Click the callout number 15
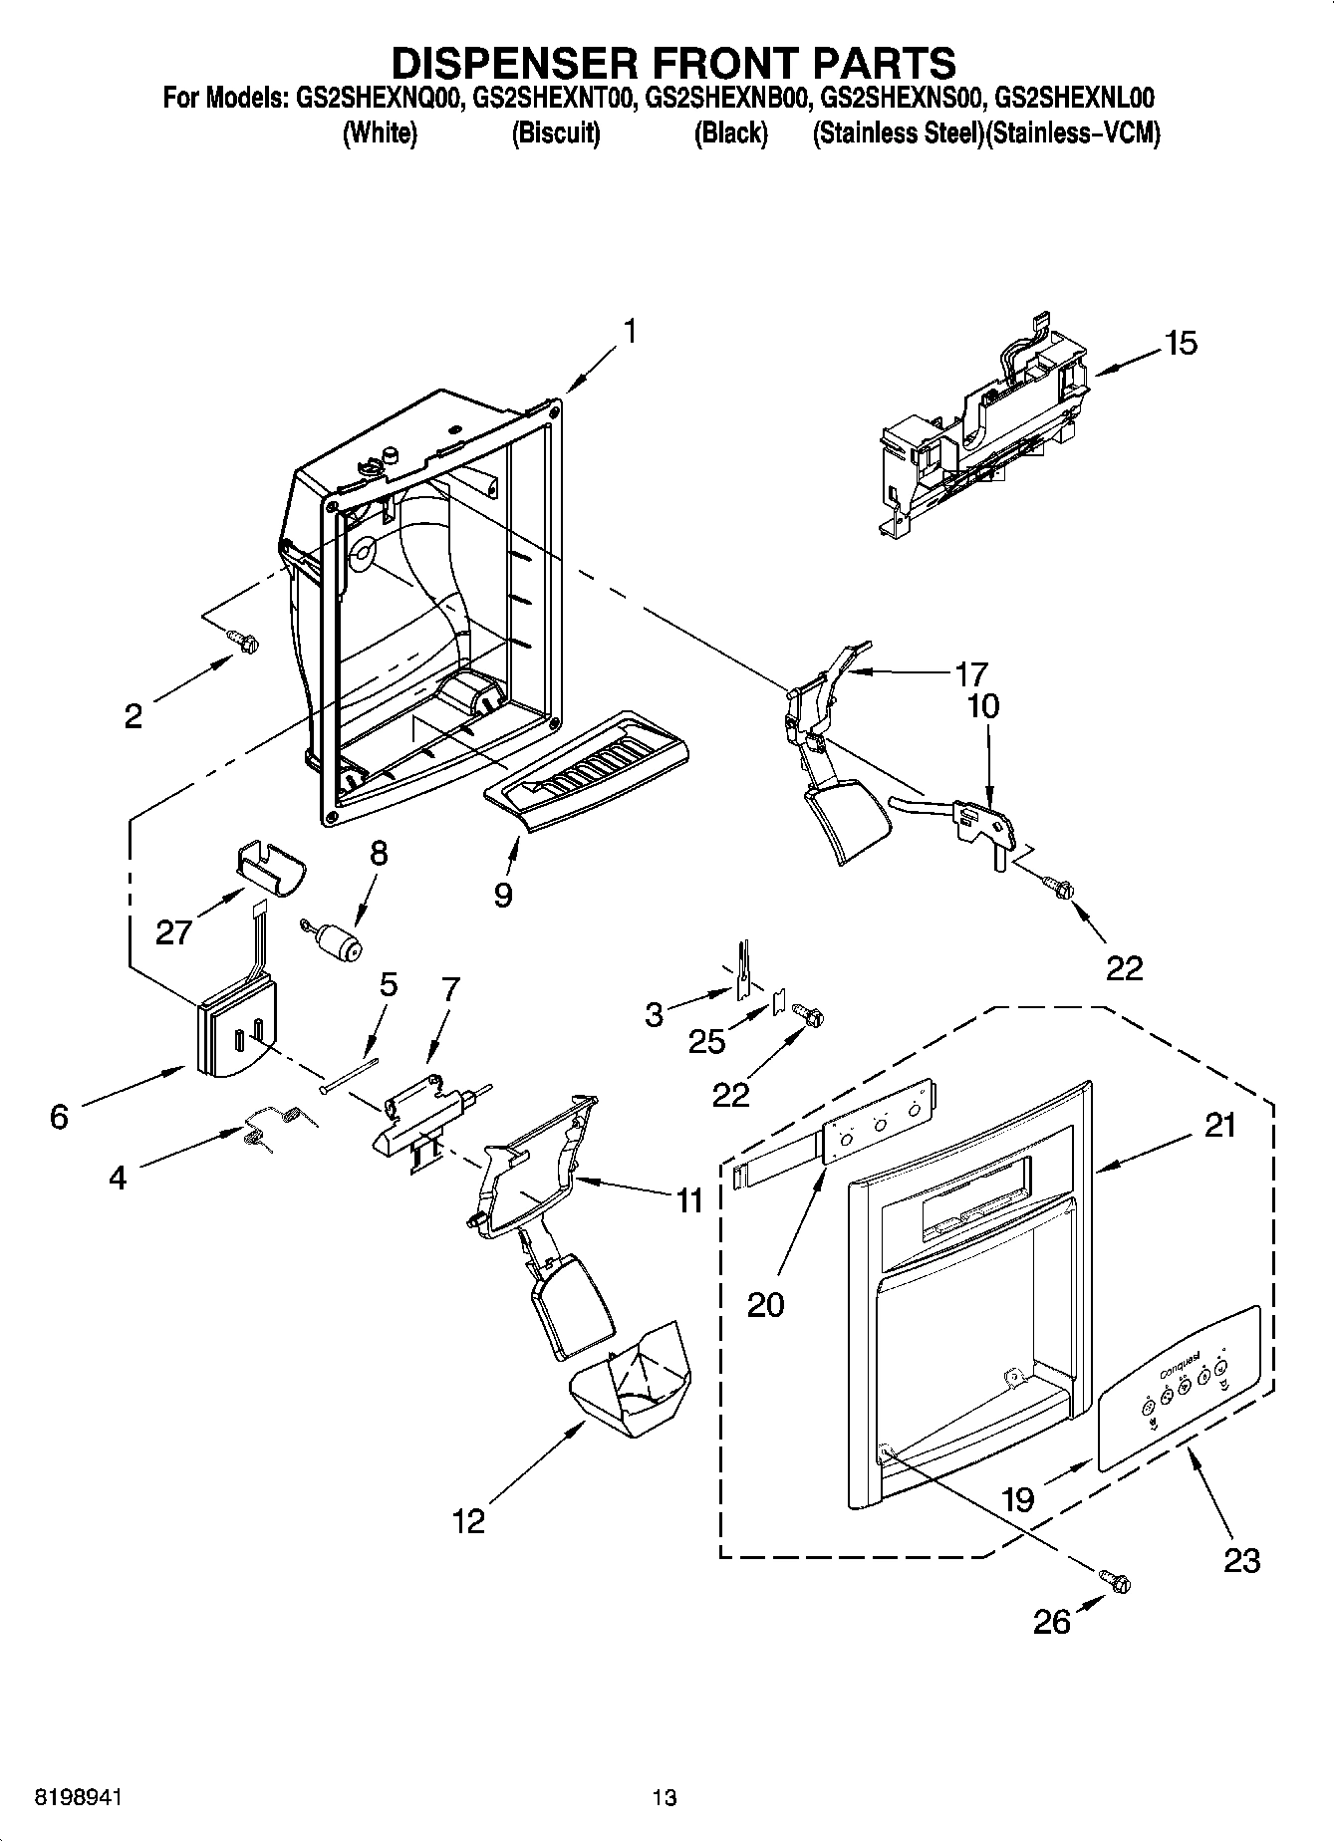(x=1181, y=344)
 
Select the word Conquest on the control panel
(x=1179, y=1364)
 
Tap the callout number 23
(x=1241, y=1559)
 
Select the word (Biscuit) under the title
(x=555, y=133)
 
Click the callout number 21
(x=1219, y=1126)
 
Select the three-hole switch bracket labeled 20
(x=879, y=1123)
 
